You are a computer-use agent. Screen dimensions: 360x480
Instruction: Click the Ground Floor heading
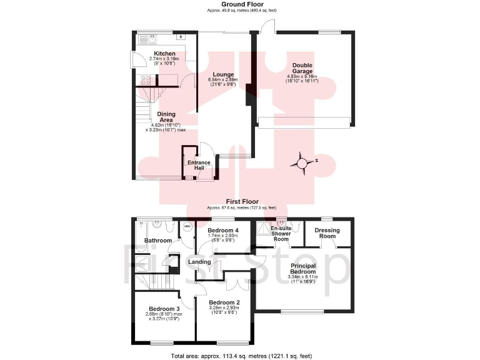coord(242,4)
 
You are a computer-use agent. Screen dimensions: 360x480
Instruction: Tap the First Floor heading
coord(242,201)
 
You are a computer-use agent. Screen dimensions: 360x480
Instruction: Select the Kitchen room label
coord(147,54)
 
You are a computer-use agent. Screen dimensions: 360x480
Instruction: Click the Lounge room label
coord(222,74)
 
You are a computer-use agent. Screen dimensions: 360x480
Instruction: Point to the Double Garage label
coord(302,68)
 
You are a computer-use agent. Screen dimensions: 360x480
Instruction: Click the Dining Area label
coord(166,117)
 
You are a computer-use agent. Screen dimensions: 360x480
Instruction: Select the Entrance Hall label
coord(199,166)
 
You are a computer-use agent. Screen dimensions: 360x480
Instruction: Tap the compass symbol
coord(302,164)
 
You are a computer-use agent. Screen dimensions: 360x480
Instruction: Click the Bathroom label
coord(157,240)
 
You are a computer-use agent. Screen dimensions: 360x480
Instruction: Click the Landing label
coord(200,261)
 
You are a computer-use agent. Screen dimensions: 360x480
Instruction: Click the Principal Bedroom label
coord(302,269)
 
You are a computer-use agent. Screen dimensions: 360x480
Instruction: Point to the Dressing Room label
coord(327,233)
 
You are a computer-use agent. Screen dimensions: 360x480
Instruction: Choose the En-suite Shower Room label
coord(281,234)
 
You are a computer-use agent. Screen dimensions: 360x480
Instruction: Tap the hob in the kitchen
coord(146,80)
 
